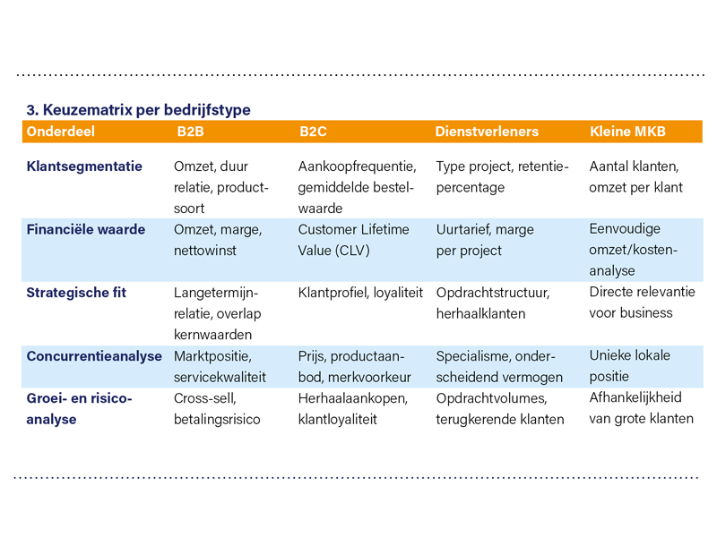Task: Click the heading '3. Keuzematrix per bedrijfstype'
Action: [x=138, y=110]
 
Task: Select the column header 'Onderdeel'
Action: [x=61, y=132]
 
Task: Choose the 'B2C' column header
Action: [x=313, y=132]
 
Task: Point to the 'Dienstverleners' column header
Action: [x=487, y=132]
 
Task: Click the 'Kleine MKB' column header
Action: [x=627, y=132]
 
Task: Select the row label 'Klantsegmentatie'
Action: [x=84, y=166]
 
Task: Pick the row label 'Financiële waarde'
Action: [x=86, y=230]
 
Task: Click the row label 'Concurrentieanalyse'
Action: [x=93, y=356]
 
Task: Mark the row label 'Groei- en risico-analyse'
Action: [x=79, y=408]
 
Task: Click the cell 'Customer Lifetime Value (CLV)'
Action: [x=353, y=241]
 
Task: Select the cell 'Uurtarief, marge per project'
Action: [x=486, y=241]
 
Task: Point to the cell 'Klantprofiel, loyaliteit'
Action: [x=360, y=293]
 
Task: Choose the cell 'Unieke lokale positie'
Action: [x=629, y=366]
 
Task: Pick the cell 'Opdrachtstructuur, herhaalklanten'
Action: [x=493, y=303]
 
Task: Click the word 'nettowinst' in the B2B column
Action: [x=205, y=251]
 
